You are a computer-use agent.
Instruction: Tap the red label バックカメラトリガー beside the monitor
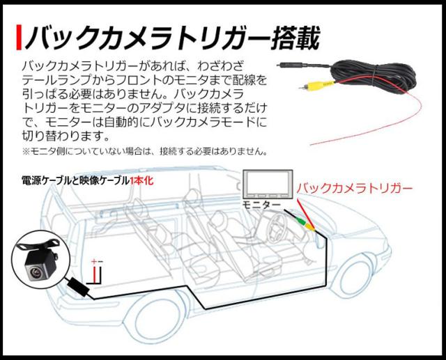355,188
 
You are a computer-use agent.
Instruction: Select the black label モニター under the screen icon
261,205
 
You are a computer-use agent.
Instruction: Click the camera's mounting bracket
35,243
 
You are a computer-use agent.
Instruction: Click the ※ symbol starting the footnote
26,151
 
